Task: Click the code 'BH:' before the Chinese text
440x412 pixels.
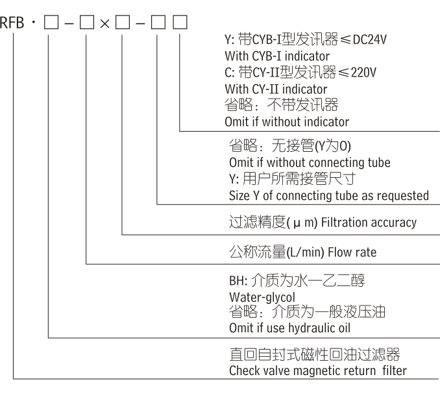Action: pos(238,280)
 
